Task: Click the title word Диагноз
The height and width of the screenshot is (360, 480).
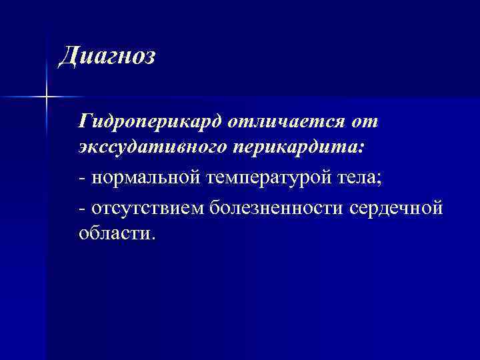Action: coord(107,55)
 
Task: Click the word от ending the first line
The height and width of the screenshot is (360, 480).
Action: coord(366,122)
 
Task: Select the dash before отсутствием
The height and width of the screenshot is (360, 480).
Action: coord(81,209)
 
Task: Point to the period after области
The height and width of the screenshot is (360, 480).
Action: coord(152,237)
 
